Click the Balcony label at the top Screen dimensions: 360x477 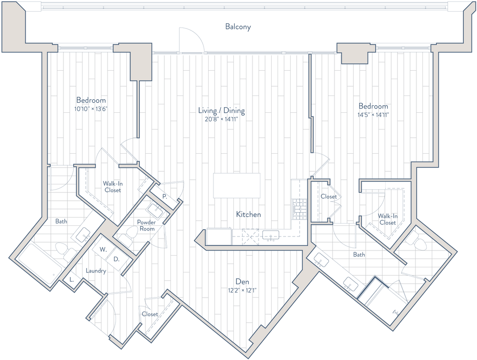[x=238, y=27]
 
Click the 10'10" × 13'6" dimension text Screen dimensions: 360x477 [x=91, y=109]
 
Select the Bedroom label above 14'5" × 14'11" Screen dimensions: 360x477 [x=373, y=106]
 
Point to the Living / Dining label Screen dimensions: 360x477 [x=221, y=111]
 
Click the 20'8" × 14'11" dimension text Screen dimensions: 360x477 [x=221, y=119]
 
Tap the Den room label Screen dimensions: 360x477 [x=243, y=282]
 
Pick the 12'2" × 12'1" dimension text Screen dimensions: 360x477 [x=243, y=290]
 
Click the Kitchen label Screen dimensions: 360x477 [x=248, y=215]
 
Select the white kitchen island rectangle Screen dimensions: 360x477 [x=237, y=186]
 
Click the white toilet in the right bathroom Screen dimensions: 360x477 [x=416, y=241]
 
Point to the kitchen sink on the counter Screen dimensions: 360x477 [x=270, y=237]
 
